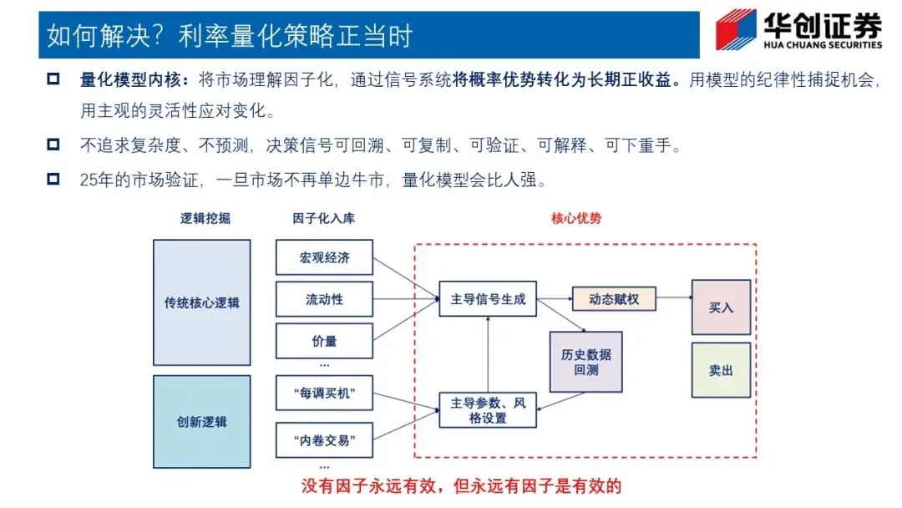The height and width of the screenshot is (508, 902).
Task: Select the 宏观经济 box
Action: pyautogui.click(x=324, y=257)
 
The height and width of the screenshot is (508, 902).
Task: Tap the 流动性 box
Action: pyautogui.click(x=324, y=299)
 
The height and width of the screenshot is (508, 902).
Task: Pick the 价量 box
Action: pyautogui.click(x=324, y=341)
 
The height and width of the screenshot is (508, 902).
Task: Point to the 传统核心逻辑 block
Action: pyautogui.click(x=201, y=302)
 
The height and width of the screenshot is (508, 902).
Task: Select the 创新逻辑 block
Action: pyautogui.click(x=201, y=421)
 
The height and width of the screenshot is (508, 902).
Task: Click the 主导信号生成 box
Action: pyautogui.click(x=488, y=299)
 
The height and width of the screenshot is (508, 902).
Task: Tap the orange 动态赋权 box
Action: pyautogui.click(x=614, y=298)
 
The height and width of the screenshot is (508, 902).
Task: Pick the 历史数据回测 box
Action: pyautogui.click(x=585, y=362)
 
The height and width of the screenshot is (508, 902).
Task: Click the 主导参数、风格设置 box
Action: pyautogui.click(x=488, y=409)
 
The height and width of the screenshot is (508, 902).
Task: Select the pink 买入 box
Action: pyautogui.click(x=721, y=307)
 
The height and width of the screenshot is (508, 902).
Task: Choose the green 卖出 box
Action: pyautogui.click(x=721, y=369)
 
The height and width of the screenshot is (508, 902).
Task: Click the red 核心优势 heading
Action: pyautogui.click(x=576, y=218)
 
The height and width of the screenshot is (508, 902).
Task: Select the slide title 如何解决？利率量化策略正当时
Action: pyautogui.click(x=230, y=36)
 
